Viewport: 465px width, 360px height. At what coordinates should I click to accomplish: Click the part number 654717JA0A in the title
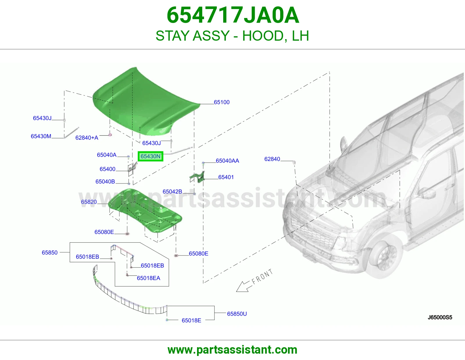coord(233,15)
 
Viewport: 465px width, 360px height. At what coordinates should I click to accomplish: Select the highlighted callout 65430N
coord(151,156)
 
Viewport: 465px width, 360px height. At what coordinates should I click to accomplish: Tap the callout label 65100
coord(222,102)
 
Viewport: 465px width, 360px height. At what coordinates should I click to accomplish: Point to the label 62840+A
coord(87,138)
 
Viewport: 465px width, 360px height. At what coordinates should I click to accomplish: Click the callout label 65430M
coord(41,136)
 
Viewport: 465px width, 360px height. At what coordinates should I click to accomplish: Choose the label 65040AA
coord(227,161)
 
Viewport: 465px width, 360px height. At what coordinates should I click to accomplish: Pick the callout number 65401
coord(226,177)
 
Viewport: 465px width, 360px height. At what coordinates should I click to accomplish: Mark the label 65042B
coord(172,192)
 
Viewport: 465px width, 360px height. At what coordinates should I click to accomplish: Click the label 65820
coord(89,202)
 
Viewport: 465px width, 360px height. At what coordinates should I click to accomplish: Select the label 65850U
coord(237,314)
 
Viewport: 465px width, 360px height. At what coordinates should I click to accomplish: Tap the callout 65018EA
coord(149,278)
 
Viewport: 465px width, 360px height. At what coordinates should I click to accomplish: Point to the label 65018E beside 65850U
coord(192,321)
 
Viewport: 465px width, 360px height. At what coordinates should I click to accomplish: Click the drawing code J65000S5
coord(440,317)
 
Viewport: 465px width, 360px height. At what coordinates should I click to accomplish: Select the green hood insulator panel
coord(146,210)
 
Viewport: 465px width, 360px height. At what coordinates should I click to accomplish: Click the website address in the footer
coord(233,350)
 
